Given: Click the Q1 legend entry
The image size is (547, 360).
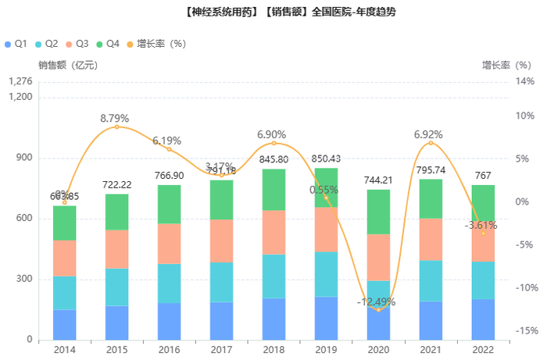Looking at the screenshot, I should [x=16, y=43].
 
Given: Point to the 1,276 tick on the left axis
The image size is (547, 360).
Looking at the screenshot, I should [x=20, y=81].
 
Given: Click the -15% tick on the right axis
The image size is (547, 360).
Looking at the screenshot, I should [x=524, y=330].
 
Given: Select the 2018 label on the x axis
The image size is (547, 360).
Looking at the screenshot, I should [x=274, y=350].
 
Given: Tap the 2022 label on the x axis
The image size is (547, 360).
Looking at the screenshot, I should [x=483, y=350].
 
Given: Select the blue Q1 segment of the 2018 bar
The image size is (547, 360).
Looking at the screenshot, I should [x=274, y=319].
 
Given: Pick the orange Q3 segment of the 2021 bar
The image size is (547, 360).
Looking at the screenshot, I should [x=431, y=239].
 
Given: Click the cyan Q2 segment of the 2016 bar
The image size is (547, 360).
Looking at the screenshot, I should [x=170, y=283].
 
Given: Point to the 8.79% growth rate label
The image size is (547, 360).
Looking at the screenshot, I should [x=115, y=118].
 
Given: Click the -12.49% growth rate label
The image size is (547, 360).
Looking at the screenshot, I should [x=378, y=301].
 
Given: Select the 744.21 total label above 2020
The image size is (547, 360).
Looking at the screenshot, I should [x=378, y=180].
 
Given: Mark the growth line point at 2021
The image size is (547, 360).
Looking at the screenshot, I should [x=431, y=143].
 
